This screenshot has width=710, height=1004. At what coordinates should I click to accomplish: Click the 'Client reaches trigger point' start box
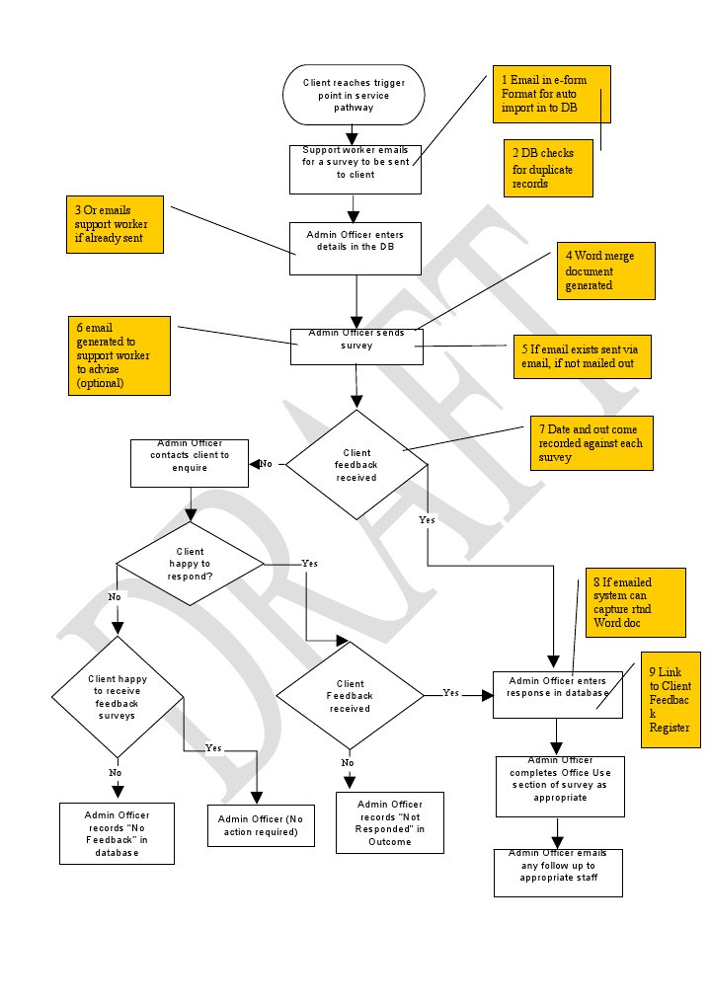click(354, 95)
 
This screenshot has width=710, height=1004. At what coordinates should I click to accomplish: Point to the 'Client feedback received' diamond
click(356, 464)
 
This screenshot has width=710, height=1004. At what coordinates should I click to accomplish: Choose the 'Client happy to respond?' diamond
click(191, 564)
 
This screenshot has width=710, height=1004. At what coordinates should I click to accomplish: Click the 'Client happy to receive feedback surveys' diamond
click(118, 696)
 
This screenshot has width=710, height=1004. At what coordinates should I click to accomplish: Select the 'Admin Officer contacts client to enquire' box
click(190, 462)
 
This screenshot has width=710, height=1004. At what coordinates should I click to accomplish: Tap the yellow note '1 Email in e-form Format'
click(552, 94)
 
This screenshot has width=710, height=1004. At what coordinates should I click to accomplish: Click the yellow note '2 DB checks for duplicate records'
click(548, 168)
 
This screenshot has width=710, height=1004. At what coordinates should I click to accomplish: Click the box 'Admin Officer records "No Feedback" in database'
click(117, 832)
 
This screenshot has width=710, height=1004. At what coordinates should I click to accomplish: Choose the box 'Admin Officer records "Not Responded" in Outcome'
click(389, 821)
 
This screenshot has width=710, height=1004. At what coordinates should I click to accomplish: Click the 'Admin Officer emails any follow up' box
click(558, 872)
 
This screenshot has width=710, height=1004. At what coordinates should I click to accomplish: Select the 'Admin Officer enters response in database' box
click(558, 687)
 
